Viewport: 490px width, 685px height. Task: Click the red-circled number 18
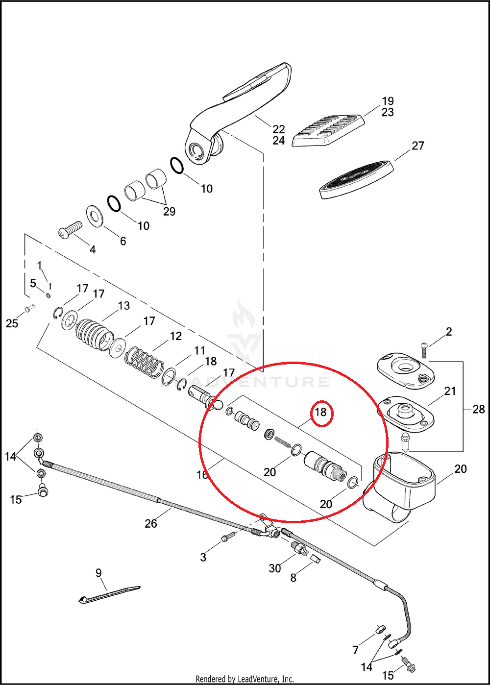pos(320,412)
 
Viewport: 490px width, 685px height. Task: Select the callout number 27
pos(417,146)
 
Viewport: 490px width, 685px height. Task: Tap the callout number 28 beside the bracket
pos(478,409)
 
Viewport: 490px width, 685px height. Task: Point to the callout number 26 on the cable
pos(151,523)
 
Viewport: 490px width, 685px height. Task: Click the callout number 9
pos(98,572)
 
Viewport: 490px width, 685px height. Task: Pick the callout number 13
pos(123,306)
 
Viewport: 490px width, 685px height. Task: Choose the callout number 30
pos(275,568)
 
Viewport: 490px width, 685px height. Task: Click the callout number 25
pos(12,323)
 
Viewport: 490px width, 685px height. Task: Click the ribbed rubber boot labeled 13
pos(94,335)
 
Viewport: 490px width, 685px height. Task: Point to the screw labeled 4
pos(70,230)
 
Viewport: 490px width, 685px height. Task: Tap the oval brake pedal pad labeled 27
pos(355,179)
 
